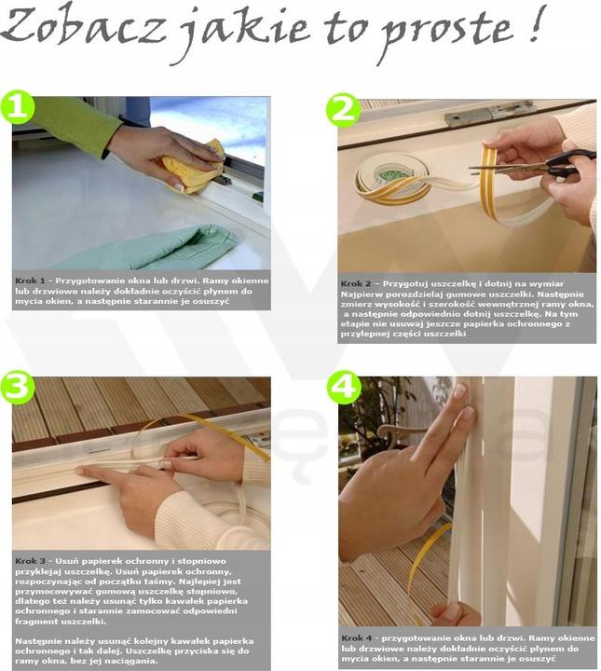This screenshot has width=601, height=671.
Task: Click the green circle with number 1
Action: tap(17, 106)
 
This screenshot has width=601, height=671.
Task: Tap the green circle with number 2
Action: tap(343, 110)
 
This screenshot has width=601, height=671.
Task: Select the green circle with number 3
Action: tap(17, 388)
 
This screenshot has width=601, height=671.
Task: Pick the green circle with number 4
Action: tap(344, 388)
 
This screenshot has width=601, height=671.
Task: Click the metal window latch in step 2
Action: tap(489, 112)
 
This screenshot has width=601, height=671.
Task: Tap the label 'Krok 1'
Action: tap(30, 281)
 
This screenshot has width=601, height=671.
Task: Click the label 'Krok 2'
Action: tap(356, 283)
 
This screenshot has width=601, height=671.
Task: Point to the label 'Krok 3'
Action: tap(30, 561)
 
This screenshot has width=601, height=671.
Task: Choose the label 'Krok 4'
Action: tap(357, 638)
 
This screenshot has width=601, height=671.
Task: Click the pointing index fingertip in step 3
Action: tap(79, 472)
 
